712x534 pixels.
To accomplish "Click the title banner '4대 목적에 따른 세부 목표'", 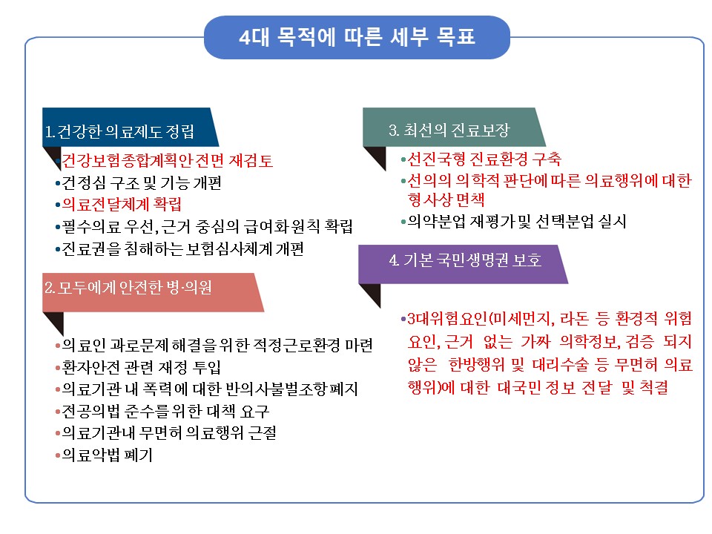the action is click(357, 37).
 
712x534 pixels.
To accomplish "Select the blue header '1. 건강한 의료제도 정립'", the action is click(131, 127).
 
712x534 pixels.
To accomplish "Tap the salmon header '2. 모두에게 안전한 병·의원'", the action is click(153, 292).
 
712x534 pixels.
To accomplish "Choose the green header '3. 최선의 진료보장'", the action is click(454, 127).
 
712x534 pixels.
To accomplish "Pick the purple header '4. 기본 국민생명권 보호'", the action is click(463, 264).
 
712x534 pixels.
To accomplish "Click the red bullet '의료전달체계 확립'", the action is click(122, 205).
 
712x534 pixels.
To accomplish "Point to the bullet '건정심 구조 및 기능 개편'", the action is click(142, 182).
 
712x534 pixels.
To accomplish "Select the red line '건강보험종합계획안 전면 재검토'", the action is click(167, 160).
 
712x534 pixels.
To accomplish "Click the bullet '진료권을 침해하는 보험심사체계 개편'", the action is click(182, 249).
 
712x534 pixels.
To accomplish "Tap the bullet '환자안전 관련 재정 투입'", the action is click(142, 367).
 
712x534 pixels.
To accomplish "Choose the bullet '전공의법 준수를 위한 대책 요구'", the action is click(165, 412).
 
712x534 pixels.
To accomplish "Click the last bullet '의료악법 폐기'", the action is click(107, 455).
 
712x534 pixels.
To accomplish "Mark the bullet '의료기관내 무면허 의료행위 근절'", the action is click(169, 432).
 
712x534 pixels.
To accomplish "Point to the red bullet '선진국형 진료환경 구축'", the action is click(484, 159).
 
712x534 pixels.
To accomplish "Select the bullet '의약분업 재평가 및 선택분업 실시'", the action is click(517, 222).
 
